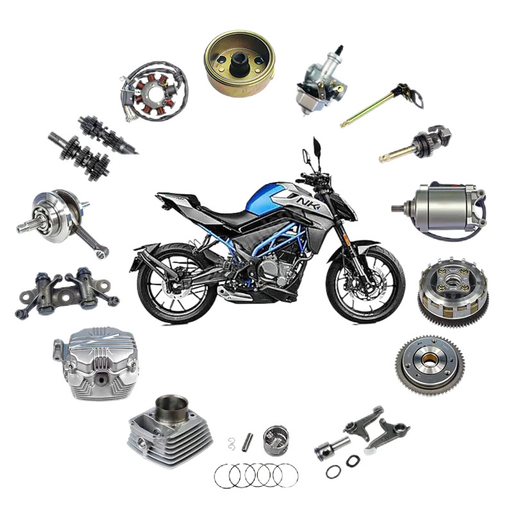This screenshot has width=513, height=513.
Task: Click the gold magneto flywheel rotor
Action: [239, 63]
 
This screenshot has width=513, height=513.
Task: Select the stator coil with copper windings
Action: [154, 92]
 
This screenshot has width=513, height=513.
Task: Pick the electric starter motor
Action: [439, 208]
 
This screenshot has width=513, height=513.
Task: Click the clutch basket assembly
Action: [453, 289]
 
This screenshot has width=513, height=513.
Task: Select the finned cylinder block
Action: [170, 428]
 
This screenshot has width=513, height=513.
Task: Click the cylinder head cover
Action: [96, 363]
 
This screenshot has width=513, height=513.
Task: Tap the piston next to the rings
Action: [276, 441]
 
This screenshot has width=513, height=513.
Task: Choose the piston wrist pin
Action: [248, 442]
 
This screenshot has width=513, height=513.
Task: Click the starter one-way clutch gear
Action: [430, 365]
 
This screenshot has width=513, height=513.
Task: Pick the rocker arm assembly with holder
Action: [67, 292]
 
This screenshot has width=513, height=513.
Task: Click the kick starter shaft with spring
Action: [415, 144]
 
